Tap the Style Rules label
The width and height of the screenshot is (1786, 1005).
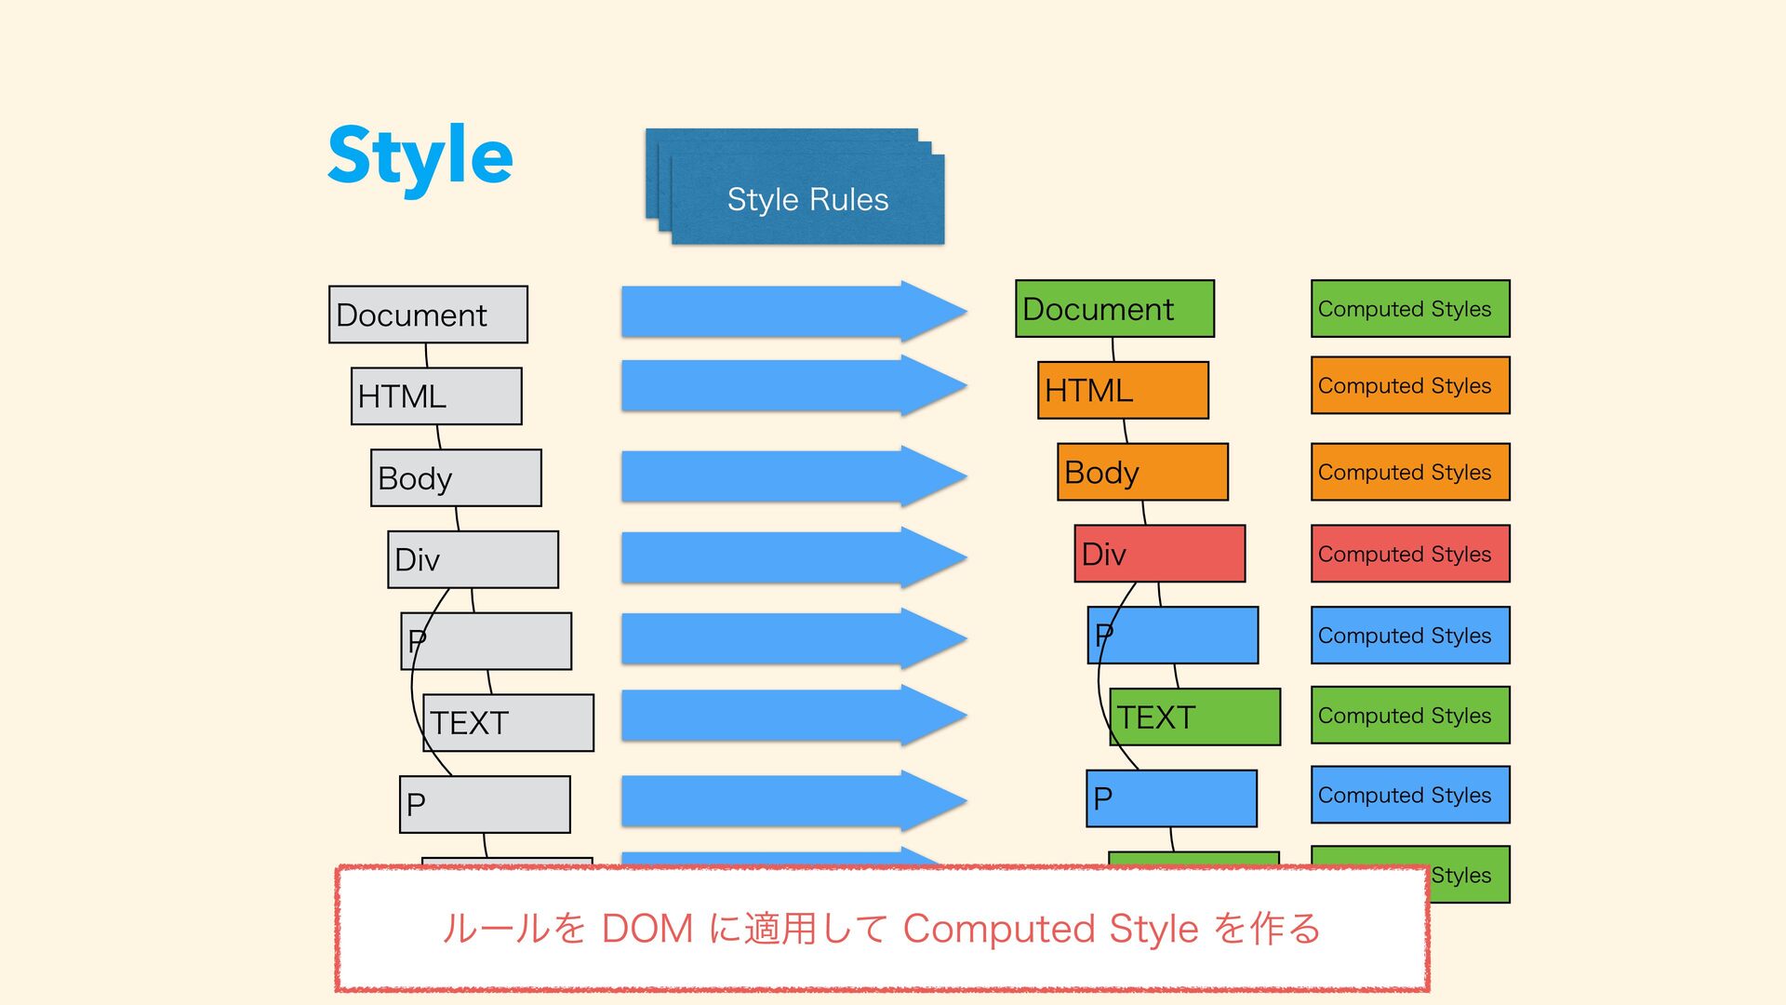(x=807, y=199)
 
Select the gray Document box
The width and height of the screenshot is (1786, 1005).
(x=428, y=315)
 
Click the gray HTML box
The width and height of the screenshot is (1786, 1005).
(x=436, y=396)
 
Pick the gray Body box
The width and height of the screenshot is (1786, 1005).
(x=456, y=478)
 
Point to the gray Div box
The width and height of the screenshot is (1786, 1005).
(x=473, y=559)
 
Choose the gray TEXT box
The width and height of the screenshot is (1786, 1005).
(x=508, y=723)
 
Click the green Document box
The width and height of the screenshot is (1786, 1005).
(x=1114, y=309)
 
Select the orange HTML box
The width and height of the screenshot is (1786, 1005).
(x=1123, y=391)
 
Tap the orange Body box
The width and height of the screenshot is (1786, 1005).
(x=1142, y=472)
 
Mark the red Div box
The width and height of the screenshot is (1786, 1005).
(x=1159, y=554)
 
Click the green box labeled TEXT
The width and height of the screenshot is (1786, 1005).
(x=1194, y=717)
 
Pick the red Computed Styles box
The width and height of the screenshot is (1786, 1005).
(x=1410, y=554)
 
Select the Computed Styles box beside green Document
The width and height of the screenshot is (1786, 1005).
(x=1410, y=309)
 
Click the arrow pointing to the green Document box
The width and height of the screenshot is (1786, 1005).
(x=794, y=312)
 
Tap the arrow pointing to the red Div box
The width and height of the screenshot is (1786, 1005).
(x=794, y=557)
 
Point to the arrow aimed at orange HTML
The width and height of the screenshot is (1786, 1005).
(x=794, y=385)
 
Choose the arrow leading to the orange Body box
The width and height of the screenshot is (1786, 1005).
(x=794, y=476)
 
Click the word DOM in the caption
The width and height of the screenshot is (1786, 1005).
(x=647, y=929)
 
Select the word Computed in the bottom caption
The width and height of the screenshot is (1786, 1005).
(x=998, y=930)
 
